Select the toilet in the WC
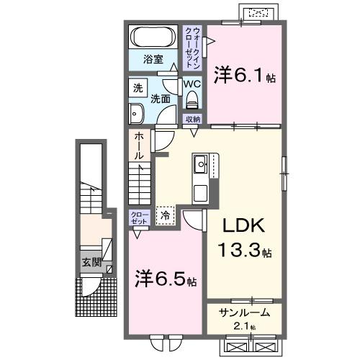click(x=191, y=100)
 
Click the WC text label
click(x=191, y=84)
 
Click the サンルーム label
click(x=245, y=312)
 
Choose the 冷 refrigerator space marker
click(x=165, y=215)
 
